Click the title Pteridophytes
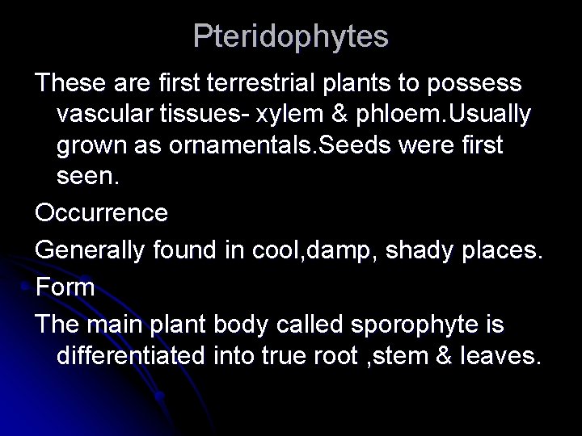pos(291,36)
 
